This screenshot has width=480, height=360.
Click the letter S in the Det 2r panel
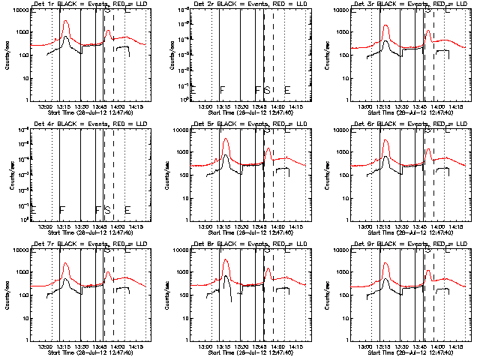267,90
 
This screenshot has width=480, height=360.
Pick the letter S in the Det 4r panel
107,210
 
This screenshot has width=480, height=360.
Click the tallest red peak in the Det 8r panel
226,260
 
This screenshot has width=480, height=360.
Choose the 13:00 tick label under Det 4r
44,226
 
